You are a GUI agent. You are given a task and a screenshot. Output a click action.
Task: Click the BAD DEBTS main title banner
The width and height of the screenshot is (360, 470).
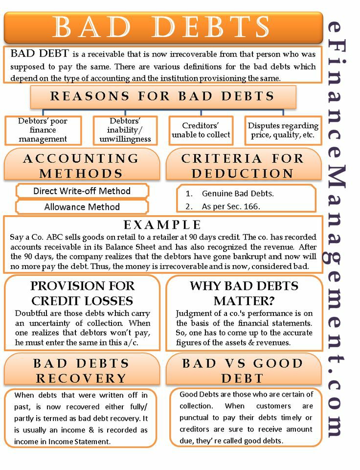[163, 28]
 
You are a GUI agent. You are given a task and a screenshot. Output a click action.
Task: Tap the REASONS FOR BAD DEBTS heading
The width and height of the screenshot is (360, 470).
[163, 96]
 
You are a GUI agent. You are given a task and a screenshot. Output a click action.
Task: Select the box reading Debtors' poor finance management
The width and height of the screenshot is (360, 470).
[43, 130]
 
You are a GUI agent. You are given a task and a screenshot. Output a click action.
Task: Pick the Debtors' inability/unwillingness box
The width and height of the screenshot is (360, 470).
[125, 130]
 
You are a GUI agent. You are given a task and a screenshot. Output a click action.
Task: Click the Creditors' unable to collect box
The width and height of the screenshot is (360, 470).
[201, 130]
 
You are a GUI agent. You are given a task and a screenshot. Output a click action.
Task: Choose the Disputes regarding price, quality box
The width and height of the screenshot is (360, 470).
[283, 130]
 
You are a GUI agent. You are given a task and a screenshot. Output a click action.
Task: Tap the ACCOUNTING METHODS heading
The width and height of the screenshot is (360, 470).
[81, 166]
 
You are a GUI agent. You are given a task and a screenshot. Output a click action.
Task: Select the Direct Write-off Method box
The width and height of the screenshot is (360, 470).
[82, 191]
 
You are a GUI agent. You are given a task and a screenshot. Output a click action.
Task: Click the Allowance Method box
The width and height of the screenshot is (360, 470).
[82, 207]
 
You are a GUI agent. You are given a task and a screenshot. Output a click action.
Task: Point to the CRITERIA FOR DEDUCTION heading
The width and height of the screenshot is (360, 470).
[243, 166]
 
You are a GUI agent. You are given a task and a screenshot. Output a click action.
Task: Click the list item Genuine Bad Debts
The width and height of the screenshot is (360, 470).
[238, 193]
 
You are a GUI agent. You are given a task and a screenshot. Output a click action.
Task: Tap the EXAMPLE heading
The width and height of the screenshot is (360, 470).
[162, 225]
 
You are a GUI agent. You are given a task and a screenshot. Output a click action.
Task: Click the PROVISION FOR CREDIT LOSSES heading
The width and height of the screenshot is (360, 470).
[82, 292]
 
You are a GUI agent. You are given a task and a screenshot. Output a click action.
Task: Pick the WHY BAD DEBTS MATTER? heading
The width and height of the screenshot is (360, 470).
[244, 292]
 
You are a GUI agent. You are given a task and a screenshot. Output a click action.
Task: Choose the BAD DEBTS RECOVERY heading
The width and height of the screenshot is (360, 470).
[82, 370]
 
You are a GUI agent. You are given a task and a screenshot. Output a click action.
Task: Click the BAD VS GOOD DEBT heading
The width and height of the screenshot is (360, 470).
[243, 370]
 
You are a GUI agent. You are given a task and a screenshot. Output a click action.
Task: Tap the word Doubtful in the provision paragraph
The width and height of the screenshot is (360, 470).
[32, 313]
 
